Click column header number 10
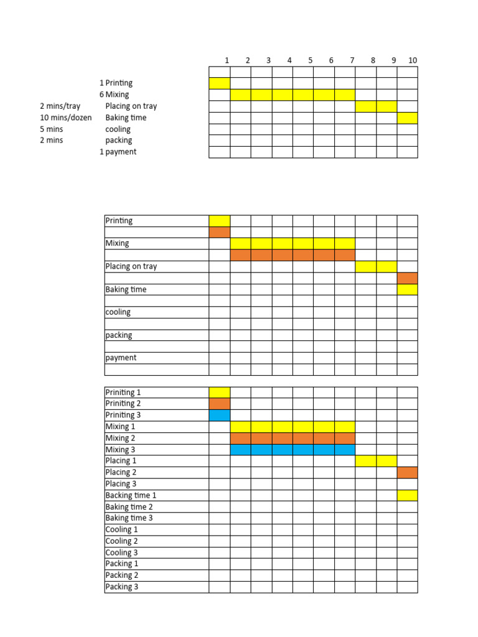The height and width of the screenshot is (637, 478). point(413,60)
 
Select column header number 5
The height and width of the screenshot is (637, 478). point(310,60)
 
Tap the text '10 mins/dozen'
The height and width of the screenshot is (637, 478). point(65,118)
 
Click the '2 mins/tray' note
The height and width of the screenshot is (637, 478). point(60,106)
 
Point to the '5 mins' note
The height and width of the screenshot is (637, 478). point(52,129)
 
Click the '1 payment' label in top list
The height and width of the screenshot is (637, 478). point(118,152)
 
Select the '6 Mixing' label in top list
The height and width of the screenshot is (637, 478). point(114,95)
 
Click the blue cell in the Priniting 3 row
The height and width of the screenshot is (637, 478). point(220,416)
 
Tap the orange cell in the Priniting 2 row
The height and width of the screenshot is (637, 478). point(220,404)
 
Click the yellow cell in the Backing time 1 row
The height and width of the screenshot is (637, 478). point(408,495)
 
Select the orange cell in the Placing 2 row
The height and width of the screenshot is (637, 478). point(408,473)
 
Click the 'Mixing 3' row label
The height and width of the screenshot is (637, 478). point(120,450)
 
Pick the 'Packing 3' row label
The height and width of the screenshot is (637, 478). point(122,587)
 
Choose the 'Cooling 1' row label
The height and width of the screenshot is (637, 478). point(122,529)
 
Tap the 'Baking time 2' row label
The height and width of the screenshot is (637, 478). point(129,507)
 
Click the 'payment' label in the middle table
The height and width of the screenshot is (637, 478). point(121,358)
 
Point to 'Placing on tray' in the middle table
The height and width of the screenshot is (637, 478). point(131,266)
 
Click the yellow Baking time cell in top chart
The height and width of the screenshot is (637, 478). point(408,118)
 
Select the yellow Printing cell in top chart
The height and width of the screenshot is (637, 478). point(220,83)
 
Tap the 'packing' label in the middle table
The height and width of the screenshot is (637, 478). point(119,335)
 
